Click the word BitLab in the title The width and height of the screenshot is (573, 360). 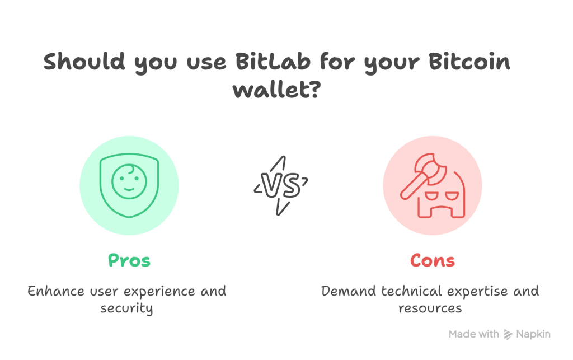point(273,61)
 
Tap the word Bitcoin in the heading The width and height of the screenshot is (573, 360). point(469,61)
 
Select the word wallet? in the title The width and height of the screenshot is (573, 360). point(277,89)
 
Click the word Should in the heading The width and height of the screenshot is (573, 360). point(84,61)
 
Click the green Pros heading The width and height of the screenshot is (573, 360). point(129,260)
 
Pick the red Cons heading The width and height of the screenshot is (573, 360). point(433,260)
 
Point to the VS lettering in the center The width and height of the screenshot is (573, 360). point(281,186)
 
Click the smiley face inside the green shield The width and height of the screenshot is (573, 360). point(129,181)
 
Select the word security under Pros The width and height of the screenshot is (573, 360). point(126,308)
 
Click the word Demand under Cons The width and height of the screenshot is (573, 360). point(348,291)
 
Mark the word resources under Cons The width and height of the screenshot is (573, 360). point(430,308)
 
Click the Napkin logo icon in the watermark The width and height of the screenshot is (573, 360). point(508,334)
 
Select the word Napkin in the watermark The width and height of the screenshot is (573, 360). point(533,334)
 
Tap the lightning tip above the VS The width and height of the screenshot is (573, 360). point(284,157)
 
